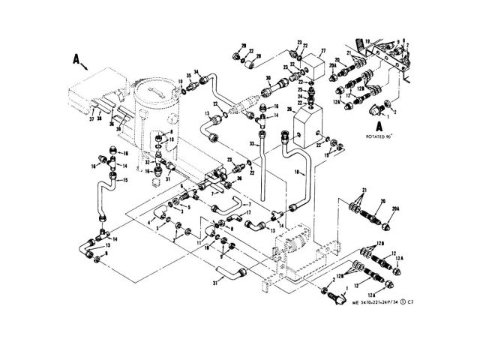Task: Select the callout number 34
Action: click(x=197, y=72)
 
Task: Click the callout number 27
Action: click(x=323, y=52)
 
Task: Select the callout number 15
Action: click(x=125, y=181)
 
